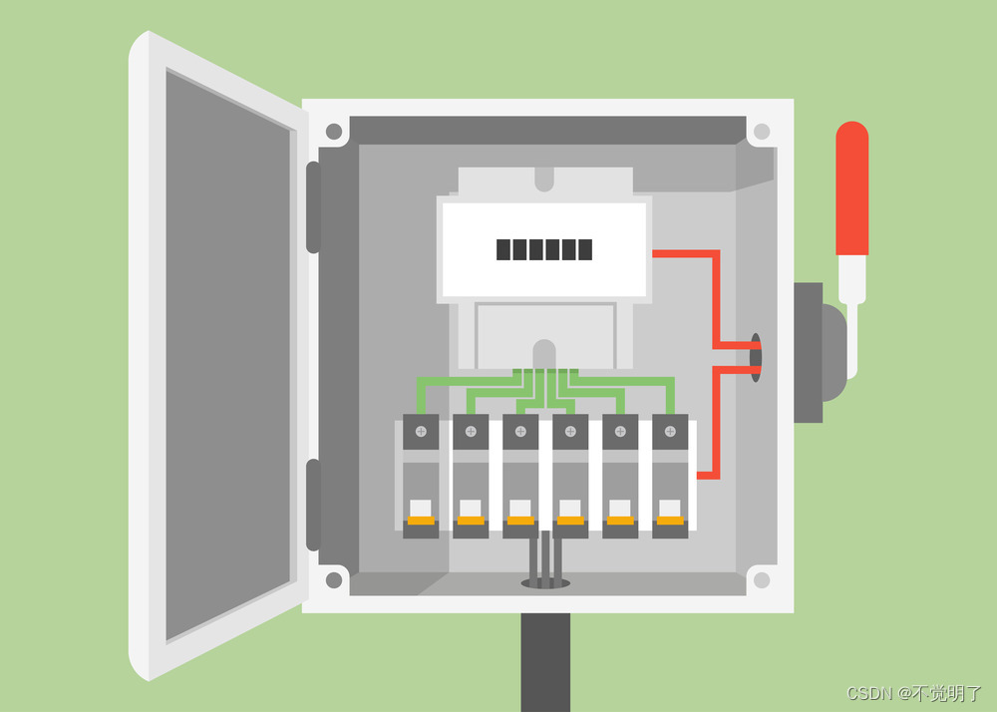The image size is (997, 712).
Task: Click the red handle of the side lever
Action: click(x=852, y=188)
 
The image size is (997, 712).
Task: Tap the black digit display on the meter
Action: click(x=544, y=250)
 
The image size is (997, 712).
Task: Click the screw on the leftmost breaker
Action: click(x=421, y=432)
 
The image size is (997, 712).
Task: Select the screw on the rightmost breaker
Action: click(x=670, y=432)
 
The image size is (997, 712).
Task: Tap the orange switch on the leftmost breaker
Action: click(x=421, y=521)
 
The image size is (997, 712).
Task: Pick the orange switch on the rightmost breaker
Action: click(x=670, y=521)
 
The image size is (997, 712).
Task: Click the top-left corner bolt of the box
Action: click(x=334, y=133)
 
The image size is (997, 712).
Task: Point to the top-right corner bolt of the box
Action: click(x=762, y=133)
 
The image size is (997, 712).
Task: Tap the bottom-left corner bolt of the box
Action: click(x=334, y=579)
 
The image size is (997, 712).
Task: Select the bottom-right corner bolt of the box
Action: click(x=762, y=579)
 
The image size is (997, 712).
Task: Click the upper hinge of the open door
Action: click(x=313, y=207)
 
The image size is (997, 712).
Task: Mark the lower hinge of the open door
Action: click(x=313, y=505)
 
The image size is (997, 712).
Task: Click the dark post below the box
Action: click(x=545, y=662)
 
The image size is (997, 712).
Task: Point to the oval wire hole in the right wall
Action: click(x=756, y=357)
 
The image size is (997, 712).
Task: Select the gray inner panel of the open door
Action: click(x=228, y=355)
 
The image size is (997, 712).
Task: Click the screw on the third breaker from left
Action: click(x=520, y=432)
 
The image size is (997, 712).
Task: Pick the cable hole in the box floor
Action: click(x=545, y=583)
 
